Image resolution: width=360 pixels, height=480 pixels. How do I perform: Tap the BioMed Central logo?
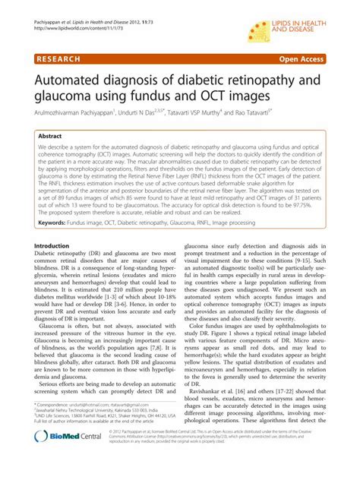[x=73, y=458]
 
